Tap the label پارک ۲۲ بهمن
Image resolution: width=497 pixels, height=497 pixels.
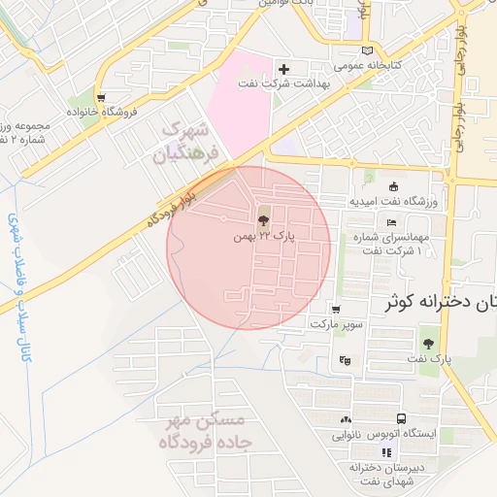click(x=264, y=235)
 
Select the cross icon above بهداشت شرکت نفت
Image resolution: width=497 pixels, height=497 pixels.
click(x=283, y=69)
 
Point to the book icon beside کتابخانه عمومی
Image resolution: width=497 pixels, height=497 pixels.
click(x=366, y=50)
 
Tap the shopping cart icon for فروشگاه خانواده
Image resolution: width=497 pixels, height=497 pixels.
click(x=100, y=97)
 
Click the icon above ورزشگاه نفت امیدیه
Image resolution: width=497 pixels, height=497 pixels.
click(x=392, y=187)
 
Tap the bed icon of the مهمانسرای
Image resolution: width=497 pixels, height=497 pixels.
click(x=392, y=226)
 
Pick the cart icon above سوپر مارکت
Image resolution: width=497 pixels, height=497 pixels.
click(x=336, y=310)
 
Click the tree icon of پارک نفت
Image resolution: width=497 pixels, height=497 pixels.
click(x=428, y=343)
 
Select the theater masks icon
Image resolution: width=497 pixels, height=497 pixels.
click(x=344, y=361)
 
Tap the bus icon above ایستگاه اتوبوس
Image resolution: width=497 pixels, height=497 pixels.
click(x=346, y=419)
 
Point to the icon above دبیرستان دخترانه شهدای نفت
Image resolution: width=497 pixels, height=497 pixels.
click(x=388, y=452)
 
